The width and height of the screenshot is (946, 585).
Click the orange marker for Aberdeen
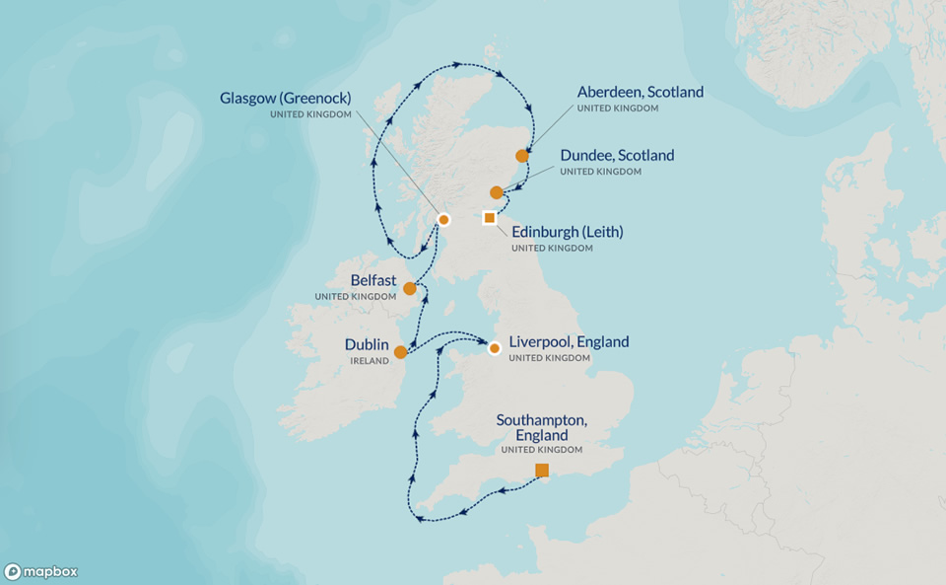click(x=522, y=156)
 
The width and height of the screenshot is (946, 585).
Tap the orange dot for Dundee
click(x=497, y=192)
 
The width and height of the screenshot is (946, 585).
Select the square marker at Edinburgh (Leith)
click(x=490, y=217)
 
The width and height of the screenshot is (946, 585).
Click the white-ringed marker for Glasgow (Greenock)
click(x=443, y=219)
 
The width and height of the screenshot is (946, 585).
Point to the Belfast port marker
click(x=410, y=288)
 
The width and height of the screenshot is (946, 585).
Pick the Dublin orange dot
click(x=400, y=352)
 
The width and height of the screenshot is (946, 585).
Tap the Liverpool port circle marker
click(x=495, y=347)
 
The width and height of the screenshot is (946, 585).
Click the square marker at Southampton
click(x=542, y=470)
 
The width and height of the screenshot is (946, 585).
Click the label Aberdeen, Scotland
click(x=641, y=92)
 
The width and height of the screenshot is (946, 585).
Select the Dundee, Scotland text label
click(x=617, y=156)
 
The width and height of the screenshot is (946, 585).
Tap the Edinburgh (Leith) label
click(x=567, y=232)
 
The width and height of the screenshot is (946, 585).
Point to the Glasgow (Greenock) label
click(x=286, y=98)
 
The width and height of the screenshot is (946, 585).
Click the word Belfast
click(x=373, y=280)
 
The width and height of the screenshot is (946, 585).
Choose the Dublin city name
click(x=367, y=345)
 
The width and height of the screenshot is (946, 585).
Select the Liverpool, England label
click(x=569, y=342)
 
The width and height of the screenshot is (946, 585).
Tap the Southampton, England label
click(x=541, y=427)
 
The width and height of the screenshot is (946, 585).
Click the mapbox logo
click(x=41, y=571)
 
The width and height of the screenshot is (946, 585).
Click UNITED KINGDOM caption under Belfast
click(x=355, y=297)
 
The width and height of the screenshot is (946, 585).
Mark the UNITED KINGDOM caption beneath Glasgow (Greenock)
click(x=310, y=114)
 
